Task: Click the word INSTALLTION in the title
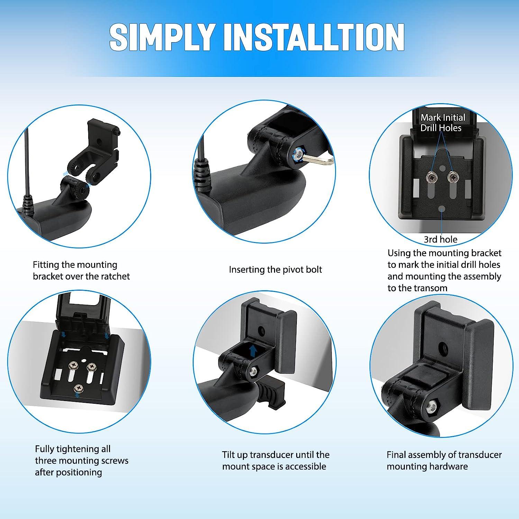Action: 314,38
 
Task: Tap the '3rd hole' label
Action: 440,239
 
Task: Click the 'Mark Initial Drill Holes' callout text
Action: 443,123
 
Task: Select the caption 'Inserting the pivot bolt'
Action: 275,270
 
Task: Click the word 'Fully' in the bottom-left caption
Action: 45,449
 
